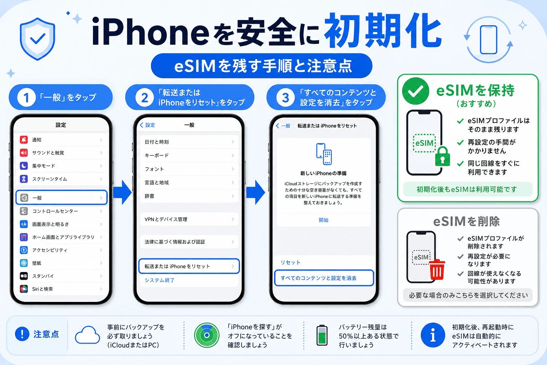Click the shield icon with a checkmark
(37, 38)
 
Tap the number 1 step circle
(26, 97)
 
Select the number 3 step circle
(285, 98)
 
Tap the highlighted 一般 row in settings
(62, 197)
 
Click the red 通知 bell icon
(24, 140)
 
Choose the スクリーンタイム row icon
(24, 179)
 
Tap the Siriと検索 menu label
(42, 289)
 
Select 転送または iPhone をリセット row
(189, 266)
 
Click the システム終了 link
(160, 280)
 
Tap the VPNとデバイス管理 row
(189, 219)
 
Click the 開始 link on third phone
(324, 220)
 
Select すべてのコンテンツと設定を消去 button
(324, 278)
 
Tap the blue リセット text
(290, 262)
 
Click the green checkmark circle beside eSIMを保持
(415, 91)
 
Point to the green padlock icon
(443, 156)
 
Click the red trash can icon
(437, 269)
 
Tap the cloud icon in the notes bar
(87, 335)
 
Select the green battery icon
(322, 335)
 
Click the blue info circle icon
(433, 335)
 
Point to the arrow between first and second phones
(123, 192)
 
